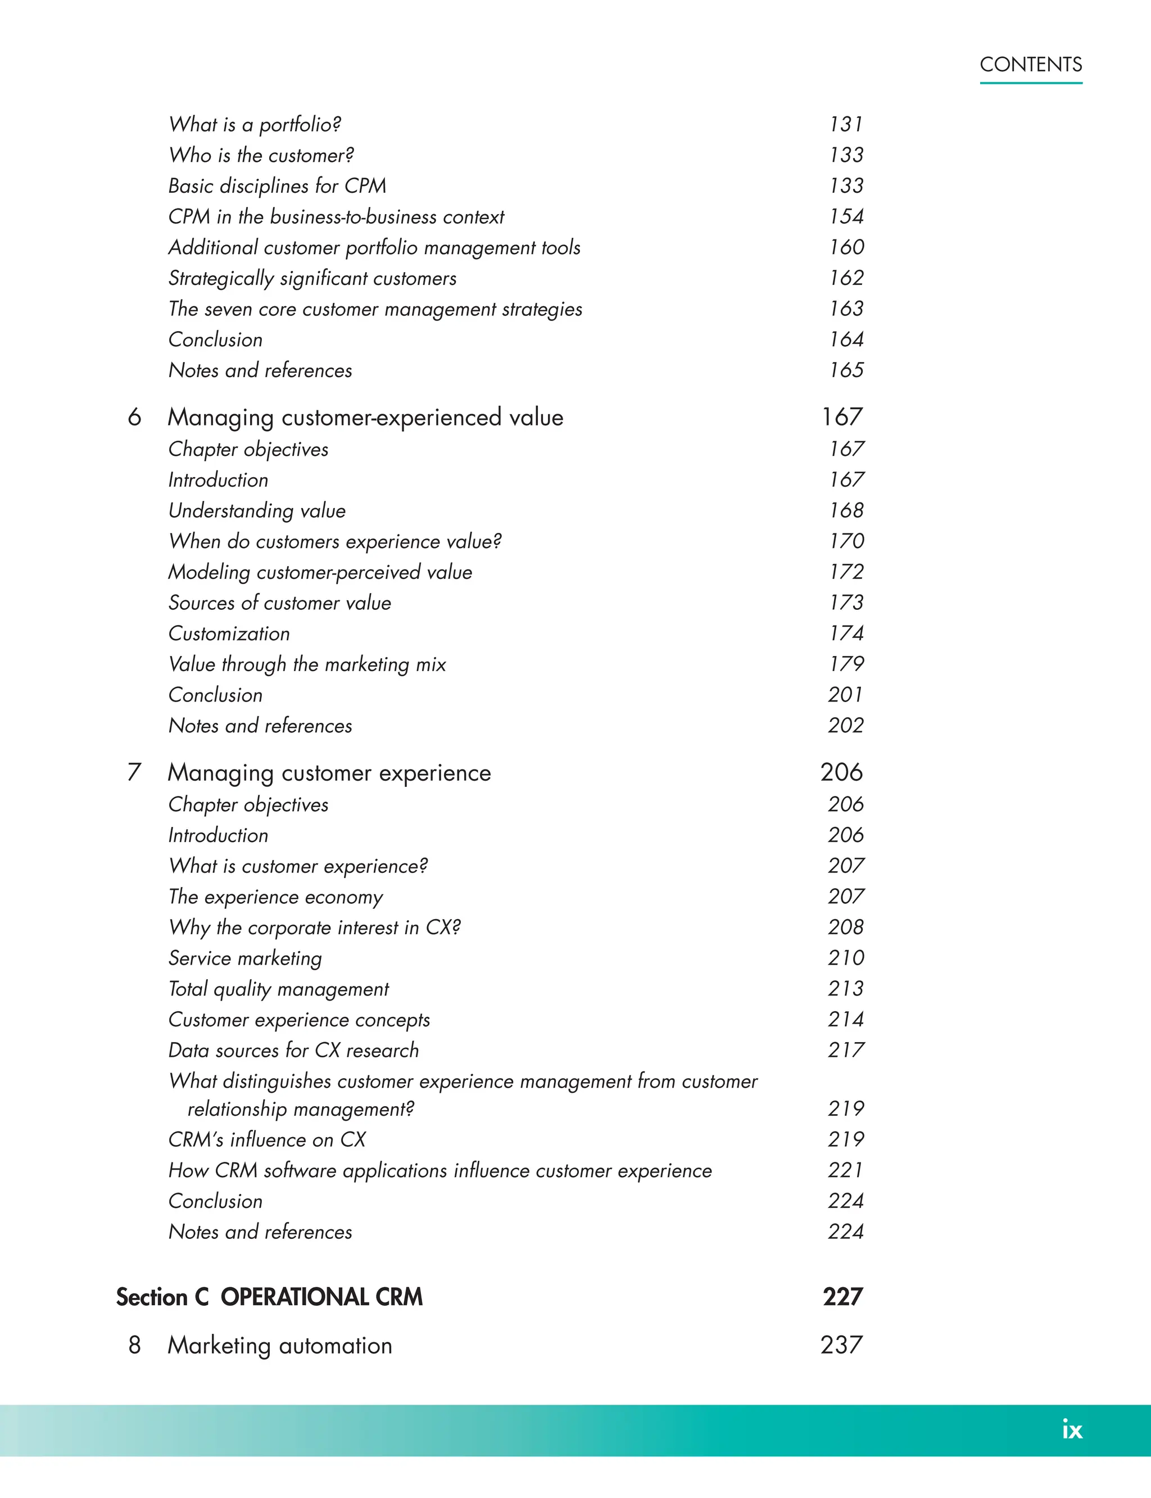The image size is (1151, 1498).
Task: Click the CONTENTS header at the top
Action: click(1030, 65)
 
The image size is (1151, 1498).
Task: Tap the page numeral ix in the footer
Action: click(1072, 1429)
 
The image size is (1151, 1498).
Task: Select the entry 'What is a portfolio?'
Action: click(255, 124)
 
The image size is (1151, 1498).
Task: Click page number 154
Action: click(846, 216)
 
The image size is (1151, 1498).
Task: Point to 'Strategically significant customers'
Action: click(312, 278)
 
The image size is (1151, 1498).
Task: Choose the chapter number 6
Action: click(134, 417)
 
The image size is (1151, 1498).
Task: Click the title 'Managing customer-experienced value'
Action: click(365, 417)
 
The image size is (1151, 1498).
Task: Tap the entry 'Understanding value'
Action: click(257, 510)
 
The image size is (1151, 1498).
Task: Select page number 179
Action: click(846, 664)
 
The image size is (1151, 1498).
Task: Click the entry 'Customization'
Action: click(229, 633)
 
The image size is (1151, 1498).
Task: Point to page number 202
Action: click(845, 725)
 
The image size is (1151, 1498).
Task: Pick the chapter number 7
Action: click(134, 772)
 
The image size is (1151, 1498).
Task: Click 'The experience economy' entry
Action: click(275, 897)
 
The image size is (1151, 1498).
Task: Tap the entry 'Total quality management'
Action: click(278, 989)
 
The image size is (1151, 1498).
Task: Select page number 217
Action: click(845, 1050)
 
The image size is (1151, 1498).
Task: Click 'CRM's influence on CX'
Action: click(267, 1139)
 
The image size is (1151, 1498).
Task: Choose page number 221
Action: click(845, 1170)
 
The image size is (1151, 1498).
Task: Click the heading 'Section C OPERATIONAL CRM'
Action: click(269, 1297)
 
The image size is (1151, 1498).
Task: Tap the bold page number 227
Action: click(842, 1297)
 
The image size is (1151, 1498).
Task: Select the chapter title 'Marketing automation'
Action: click(279, 1345)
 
